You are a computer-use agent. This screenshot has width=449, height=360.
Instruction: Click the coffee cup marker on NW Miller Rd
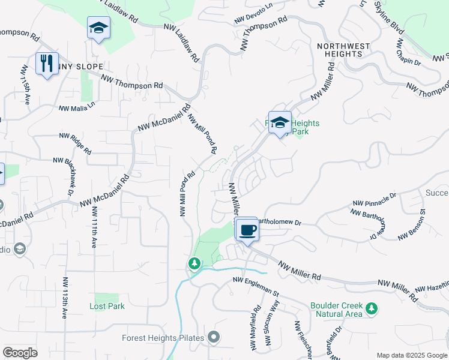246,230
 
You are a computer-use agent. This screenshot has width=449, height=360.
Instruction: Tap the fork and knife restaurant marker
47,62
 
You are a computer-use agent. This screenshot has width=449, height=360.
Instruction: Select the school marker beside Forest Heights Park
280,123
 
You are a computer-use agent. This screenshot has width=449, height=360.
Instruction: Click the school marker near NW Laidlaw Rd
98,28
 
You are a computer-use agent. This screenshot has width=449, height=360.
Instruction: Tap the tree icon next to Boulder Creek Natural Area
372,309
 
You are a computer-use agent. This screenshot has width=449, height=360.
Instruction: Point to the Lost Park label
107,306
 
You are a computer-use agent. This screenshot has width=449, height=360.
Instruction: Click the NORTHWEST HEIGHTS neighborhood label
340,49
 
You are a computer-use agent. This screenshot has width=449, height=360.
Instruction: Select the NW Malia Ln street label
77,107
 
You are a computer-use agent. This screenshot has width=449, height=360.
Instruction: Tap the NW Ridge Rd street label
75,143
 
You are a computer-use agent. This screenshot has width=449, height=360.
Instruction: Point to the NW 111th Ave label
94,228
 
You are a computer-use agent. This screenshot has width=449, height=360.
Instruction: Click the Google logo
20,353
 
